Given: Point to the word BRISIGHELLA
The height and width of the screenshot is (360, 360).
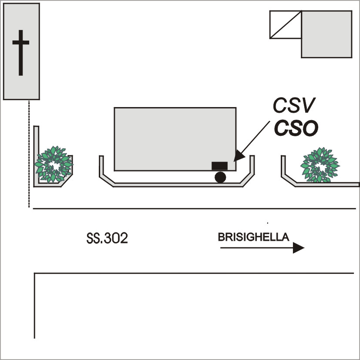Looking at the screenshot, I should coord(253,237).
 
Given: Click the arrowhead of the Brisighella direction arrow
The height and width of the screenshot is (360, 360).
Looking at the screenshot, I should coord(299,248).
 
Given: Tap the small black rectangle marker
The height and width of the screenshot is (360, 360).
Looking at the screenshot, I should coord(219,166).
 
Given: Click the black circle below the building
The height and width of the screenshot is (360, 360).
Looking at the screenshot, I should coord(220,177).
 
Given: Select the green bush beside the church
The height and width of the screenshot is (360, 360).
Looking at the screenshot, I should coord(53,164).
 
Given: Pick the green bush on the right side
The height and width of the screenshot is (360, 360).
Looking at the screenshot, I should coord(320,165).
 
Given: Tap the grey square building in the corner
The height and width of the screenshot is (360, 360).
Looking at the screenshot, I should coord(326,34).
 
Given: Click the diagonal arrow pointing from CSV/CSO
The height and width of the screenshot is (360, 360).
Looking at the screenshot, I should coord(255,138).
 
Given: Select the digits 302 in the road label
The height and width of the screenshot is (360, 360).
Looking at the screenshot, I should coord(116,239).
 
